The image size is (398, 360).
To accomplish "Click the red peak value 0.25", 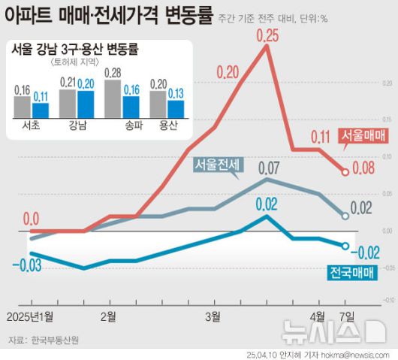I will [267, 35].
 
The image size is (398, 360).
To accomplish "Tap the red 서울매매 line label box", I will [363, 135].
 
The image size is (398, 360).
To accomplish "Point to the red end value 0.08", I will [363, 168].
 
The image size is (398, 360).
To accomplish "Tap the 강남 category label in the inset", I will [77, 126].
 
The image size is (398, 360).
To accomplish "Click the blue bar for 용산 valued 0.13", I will [176, 109].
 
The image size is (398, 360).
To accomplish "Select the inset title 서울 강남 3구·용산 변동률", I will [79, 50].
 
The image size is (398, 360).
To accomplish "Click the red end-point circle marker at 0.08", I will [345, 171].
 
